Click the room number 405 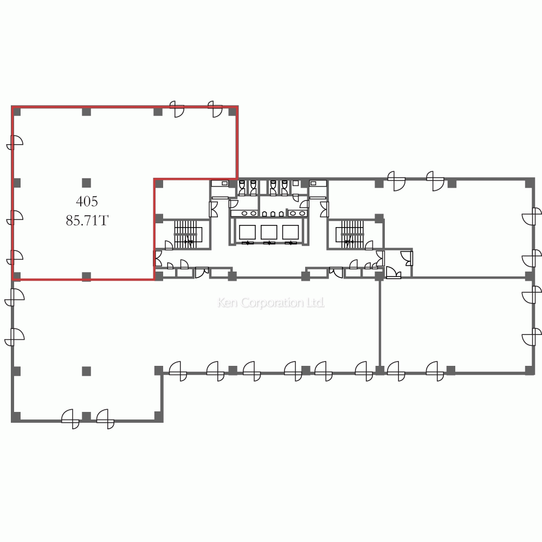point(87,201)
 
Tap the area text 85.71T point(87,221)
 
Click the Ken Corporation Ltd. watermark point(271,302)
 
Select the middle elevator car point(269,233)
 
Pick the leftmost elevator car point(247,233)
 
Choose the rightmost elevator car point(291,233)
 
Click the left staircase point(185,234)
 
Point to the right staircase point(352,234)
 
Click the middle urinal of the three point(273,214)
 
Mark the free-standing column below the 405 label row point(86,183)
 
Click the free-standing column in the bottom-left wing point(86,371)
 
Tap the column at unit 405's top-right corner point(233,111)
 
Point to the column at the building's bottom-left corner point(16,416)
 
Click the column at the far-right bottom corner point(530,370)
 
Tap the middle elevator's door point(269,243)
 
